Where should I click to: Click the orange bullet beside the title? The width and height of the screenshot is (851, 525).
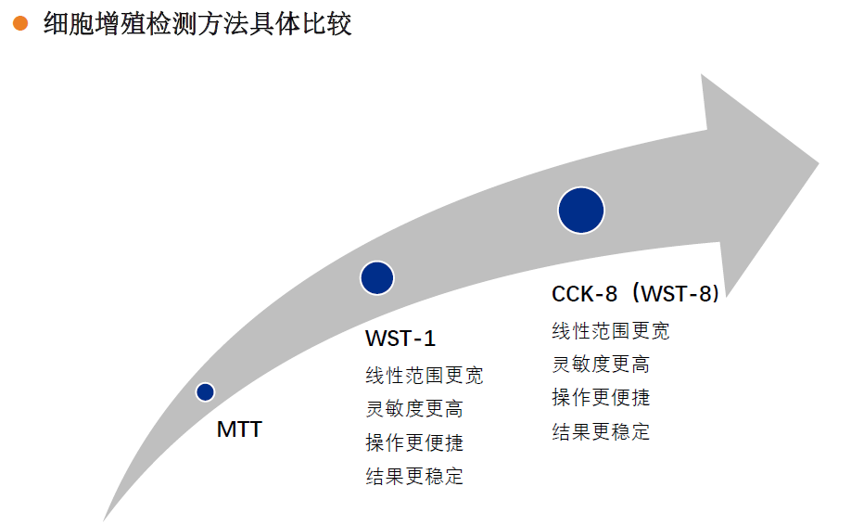(x=20, y=23)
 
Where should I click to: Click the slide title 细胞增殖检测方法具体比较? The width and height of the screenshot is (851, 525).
(x=197, y=24)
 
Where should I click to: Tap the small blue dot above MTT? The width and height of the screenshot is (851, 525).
(x=205, y=392)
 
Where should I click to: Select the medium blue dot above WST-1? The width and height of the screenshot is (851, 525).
(x=377, y=278)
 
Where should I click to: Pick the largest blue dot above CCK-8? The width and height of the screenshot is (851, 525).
(x=581, y=211)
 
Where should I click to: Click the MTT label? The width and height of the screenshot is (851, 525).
(x=239, y=429)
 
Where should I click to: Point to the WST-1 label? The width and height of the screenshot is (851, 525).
(x=400, y=339)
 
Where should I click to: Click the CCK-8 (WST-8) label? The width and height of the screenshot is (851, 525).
(x=636, y=294)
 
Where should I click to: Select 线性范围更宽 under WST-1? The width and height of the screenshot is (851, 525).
(x=425, y=375)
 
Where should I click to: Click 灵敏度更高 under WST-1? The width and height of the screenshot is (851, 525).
(x=414, y=409)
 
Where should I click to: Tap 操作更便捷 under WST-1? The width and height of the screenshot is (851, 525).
(x=414, y=442)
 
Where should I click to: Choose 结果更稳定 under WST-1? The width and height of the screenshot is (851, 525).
(x=414, y=476)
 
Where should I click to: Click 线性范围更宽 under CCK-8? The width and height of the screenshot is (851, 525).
(x=611, y=330)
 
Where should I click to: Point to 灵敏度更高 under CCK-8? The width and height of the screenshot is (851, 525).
(x=601, y=365)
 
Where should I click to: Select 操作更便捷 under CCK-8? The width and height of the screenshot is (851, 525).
(x=601, y=398)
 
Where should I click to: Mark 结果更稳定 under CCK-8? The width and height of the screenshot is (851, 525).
(x=601, y=431)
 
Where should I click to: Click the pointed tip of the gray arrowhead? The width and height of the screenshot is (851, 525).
(x=818, y=162)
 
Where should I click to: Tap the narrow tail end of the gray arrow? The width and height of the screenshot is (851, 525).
(x=104, y=519)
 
